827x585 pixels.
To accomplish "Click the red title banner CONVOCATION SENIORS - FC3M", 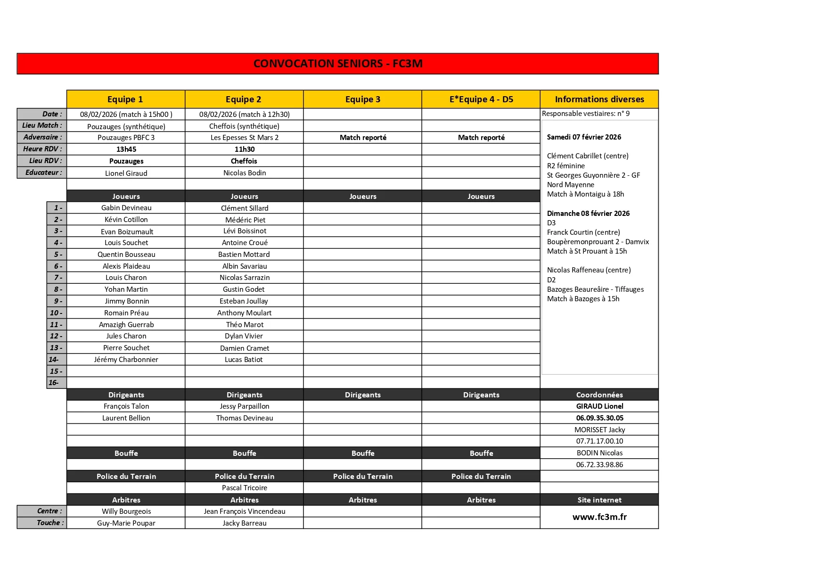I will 337,64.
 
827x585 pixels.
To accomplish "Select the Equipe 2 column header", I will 243,99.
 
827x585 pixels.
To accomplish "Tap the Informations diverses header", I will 599,99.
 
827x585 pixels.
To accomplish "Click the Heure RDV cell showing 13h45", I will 126,149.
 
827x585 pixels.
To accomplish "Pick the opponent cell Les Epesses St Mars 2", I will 244,138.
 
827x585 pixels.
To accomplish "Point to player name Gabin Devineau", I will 126,208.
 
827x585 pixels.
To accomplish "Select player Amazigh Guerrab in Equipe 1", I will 126,325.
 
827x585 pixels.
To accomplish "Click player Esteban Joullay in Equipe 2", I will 244,301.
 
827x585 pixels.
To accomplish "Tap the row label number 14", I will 54,360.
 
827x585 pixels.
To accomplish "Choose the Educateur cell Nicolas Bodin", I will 245,173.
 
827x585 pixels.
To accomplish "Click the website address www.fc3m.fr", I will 599,517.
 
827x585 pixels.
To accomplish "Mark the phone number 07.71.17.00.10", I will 599,441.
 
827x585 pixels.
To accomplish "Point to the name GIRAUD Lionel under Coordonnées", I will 599,406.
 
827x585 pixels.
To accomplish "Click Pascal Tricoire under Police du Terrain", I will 245,488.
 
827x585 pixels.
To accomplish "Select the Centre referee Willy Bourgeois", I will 126,511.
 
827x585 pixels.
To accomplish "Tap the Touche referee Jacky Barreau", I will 245,523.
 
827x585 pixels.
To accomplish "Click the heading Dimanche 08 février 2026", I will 588,214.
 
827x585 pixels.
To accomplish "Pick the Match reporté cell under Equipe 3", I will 363,138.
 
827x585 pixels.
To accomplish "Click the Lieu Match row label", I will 42,125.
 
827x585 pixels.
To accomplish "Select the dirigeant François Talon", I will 126,406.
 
